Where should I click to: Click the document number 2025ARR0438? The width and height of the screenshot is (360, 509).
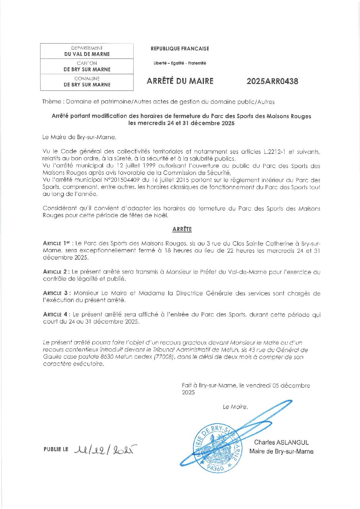tap(272, 81)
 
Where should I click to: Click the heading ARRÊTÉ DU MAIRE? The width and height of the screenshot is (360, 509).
tap(180, 81)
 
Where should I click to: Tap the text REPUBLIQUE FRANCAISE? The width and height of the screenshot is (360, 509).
tap(180, 49)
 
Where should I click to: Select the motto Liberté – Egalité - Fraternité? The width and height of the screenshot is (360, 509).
tap(180, 63)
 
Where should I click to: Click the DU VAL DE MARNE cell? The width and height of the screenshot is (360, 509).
tap(87, 54)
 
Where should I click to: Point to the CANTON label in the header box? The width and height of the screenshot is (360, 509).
tap(87, 63)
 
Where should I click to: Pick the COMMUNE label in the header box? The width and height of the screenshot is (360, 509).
tap(87, 79)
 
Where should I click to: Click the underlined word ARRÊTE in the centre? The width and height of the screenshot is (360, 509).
tap(182, 229)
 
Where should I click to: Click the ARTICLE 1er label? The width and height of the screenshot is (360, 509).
tap(56, 243)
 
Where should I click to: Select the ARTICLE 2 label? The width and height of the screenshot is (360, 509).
tap(56, 272)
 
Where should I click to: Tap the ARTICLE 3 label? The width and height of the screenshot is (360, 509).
tap(57, 293)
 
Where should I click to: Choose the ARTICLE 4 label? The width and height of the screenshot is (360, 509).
tap(57, 314)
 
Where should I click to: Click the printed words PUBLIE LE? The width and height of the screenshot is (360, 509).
tap(56, 449)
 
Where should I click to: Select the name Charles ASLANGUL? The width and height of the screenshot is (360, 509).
tap(281, 442)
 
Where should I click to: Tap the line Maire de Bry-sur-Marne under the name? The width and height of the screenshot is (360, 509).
tap(281, 451)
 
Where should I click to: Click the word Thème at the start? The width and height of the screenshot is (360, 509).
tap(52, 101)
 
